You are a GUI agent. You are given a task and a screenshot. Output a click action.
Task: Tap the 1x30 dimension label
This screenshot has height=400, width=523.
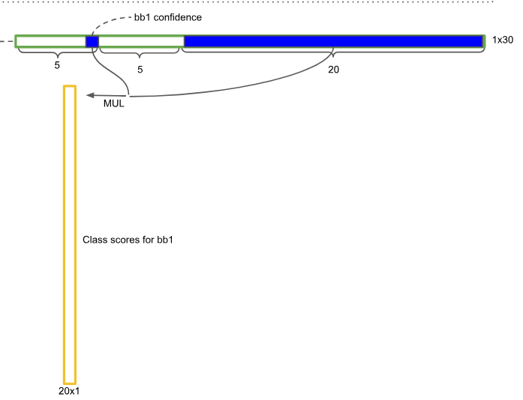point(502,40)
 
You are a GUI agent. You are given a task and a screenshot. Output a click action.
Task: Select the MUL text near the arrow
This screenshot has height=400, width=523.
point(113,104)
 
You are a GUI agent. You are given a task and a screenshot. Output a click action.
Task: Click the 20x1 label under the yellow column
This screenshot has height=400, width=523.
point(68,391)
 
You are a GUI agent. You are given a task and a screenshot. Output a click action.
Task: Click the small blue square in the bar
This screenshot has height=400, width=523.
point(92,41)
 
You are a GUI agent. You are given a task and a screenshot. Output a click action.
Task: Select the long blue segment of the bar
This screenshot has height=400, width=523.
point(332,41)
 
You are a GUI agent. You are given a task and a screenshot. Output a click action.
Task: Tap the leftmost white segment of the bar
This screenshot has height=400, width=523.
point(50,41)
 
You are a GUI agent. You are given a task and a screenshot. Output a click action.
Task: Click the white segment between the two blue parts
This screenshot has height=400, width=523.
point(141,41)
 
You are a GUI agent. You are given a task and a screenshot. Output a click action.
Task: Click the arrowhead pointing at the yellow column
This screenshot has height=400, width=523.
point(89,95)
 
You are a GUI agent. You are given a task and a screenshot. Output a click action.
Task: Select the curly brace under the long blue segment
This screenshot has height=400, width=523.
point(333,52)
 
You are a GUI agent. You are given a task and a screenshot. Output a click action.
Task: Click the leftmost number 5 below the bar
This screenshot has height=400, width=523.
point(57,66)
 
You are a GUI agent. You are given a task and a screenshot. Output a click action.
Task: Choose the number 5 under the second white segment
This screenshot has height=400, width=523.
point(140,68)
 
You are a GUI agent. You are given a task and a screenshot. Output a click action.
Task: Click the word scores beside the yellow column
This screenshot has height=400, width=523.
point(124,240)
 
